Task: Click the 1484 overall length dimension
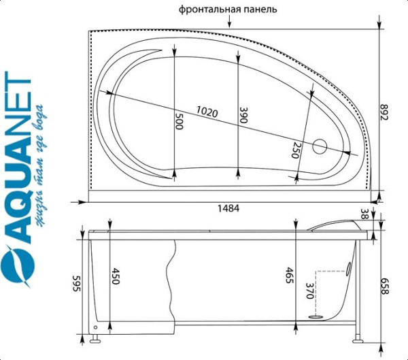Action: (228, 208)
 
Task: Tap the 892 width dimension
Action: (384, 112)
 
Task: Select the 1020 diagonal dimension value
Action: (207, 112)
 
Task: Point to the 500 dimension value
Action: (179, 121)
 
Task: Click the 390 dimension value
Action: (243, 115)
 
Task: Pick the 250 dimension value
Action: (296, 150)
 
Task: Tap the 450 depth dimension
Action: (116, 276)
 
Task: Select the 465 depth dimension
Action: (290, 276)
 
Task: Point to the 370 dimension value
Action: (309, 291)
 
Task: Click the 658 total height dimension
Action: (385, 286)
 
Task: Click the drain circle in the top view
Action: (320, 146)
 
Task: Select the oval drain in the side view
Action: (316, 317)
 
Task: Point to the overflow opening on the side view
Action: (349, 267)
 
